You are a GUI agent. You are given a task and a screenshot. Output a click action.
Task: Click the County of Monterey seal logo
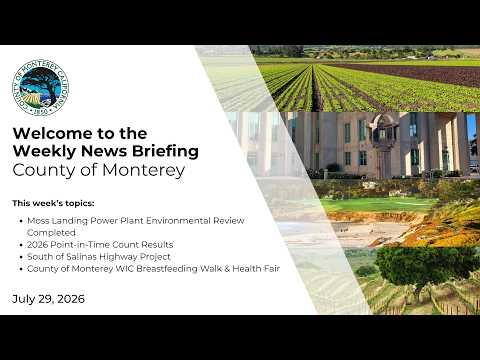point(41,88)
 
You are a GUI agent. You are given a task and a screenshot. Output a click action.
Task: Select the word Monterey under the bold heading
point(143,170)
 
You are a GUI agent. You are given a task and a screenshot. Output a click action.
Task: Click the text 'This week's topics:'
point(53,203)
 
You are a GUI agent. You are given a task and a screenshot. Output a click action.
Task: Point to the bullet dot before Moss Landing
point(21,221)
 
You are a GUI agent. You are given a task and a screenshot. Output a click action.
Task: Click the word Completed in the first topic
point(51,233)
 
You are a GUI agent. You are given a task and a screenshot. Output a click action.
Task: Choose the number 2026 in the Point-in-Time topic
point(38,245)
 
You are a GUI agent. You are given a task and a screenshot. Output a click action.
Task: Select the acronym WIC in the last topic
point(125,269)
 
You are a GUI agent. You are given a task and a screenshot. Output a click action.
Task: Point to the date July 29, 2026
point(48,299)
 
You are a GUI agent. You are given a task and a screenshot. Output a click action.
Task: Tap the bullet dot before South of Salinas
point(21,257)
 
